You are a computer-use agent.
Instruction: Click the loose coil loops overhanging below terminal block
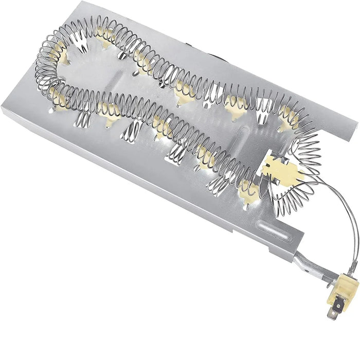293,190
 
